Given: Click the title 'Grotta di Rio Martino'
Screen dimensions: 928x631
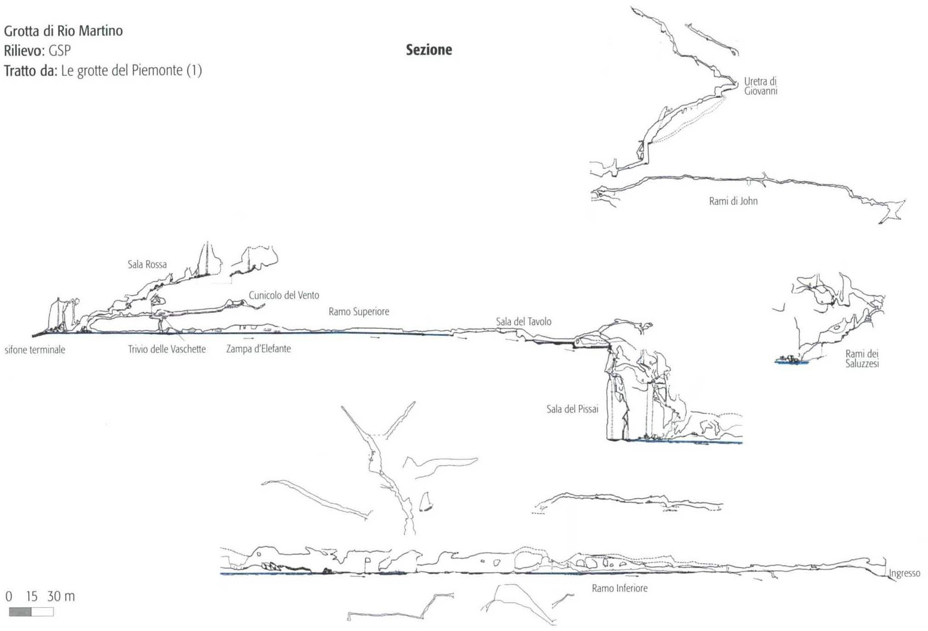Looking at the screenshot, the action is coord(64,31).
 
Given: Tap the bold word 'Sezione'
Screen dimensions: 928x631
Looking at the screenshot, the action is coord(429,50).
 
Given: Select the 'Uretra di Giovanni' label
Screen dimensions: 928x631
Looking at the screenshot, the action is coord(760,86).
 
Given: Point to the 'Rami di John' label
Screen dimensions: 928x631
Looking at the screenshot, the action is coord(733,201).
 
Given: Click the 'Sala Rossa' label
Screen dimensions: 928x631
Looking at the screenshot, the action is coord(147,264).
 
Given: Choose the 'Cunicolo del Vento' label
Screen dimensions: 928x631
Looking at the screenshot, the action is coord(284,295).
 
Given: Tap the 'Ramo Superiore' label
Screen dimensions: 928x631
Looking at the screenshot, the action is coord(359,312).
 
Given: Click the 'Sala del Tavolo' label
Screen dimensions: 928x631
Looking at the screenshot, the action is coord(524,321).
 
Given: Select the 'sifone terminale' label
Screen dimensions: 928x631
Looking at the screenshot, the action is coord(35,350).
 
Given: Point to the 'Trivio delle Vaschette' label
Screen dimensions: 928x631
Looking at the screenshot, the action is coord(167,349).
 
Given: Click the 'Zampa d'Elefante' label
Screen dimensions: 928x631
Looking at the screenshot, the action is coord(258,349).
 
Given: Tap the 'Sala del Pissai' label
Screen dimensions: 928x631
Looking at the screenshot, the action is coord(572,409).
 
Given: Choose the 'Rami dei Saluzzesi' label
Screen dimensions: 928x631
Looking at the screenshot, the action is coord(862,359).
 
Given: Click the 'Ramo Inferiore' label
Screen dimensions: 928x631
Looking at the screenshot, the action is coord(619,588).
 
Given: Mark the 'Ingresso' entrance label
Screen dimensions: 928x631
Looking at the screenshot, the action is coord(904,573).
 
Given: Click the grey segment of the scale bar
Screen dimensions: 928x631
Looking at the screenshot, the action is coord(20,612).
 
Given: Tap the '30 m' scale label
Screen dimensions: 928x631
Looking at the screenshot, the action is coord(61,596).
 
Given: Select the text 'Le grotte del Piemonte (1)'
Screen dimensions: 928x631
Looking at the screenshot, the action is coord(131,70).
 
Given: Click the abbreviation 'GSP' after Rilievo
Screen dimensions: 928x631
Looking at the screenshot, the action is coord(59,50).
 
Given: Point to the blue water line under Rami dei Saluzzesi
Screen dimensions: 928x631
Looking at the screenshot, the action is coord(792,362).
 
